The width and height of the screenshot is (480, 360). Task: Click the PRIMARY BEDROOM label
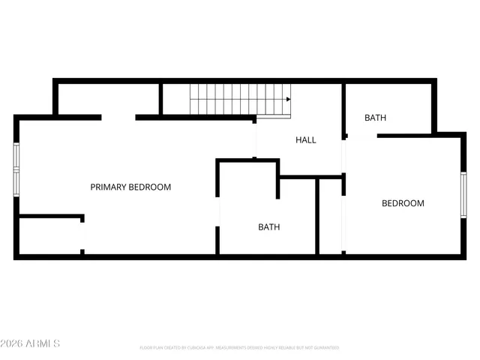tap(130, 187)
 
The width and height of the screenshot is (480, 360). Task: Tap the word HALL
tap(305, 140)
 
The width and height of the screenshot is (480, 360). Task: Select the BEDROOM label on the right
tap(403, 203)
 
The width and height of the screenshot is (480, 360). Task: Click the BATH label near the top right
tap(375, 118)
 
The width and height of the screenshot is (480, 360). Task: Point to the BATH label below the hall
tap(268, 226)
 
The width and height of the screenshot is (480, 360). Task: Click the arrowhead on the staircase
tap(288, 99)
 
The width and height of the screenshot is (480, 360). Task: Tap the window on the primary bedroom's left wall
tap(16, 168)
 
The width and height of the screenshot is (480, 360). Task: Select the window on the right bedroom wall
tap(463, 195)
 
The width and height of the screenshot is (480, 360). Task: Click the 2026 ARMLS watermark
tap(30, 343)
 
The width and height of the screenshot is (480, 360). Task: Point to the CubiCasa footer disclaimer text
tap(239, 348)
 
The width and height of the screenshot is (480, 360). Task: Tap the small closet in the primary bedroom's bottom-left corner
tap(49, 237)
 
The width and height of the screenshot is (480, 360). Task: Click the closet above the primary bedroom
tap(108, 98)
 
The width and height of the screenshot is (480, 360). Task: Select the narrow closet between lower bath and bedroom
tap(331, 217)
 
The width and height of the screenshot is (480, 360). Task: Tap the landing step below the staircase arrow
tap(274, 116)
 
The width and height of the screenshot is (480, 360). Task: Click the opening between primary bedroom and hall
tap(255, 139)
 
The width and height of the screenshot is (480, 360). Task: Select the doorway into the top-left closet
tap(118, 117)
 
